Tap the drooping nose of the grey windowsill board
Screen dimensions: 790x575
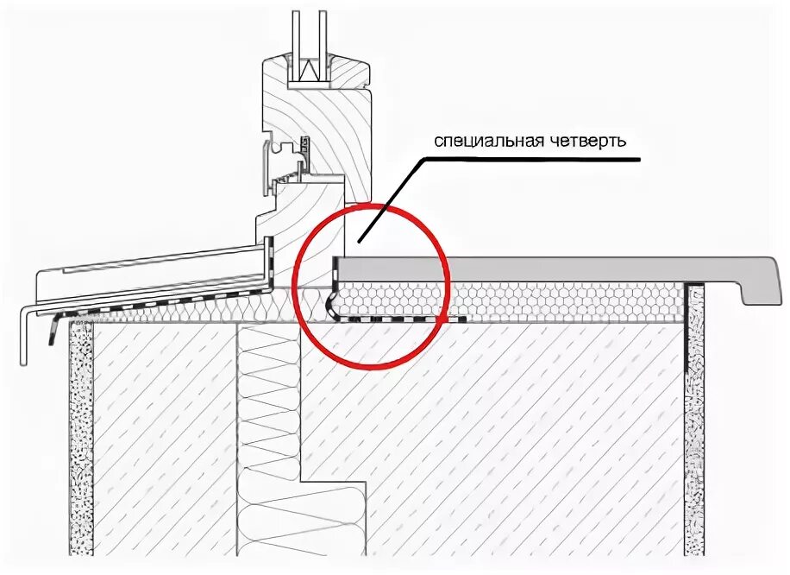755,288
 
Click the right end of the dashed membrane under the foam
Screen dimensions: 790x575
464,319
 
